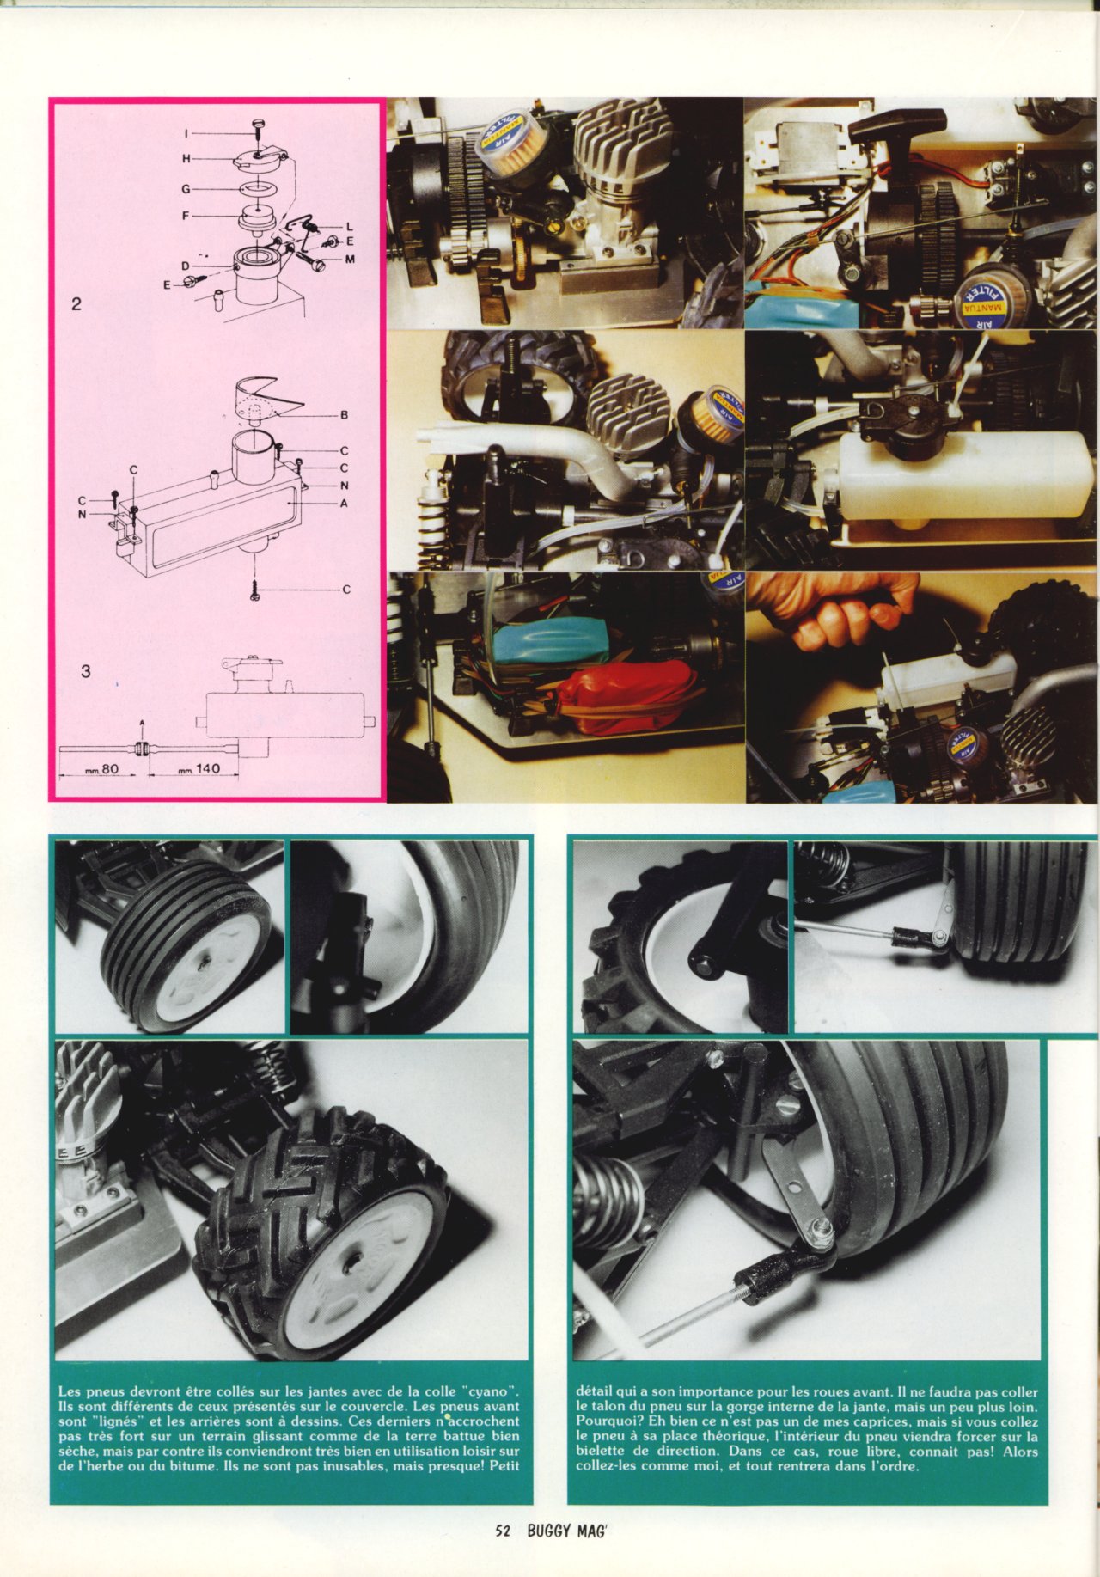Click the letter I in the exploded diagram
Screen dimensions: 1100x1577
click(186, 133)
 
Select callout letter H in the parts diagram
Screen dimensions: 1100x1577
click(186, 159)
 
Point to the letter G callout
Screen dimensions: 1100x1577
click(186, 187)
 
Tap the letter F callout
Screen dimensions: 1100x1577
click(186, 216)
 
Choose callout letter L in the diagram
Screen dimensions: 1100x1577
click(349, 227)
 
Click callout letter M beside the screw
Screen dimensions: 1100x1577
click(350, 260)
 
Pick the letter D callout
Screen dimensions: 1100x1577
click(186, 266)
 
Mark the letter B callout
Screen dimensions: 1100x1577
click(344, 415)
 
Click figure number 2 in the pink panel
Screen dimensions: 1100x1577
click(76, 303)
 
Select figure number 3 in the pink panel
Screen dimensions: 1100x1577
click(85, 671)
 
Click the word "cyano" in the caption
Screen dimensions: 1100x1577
click(490, 1391)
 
